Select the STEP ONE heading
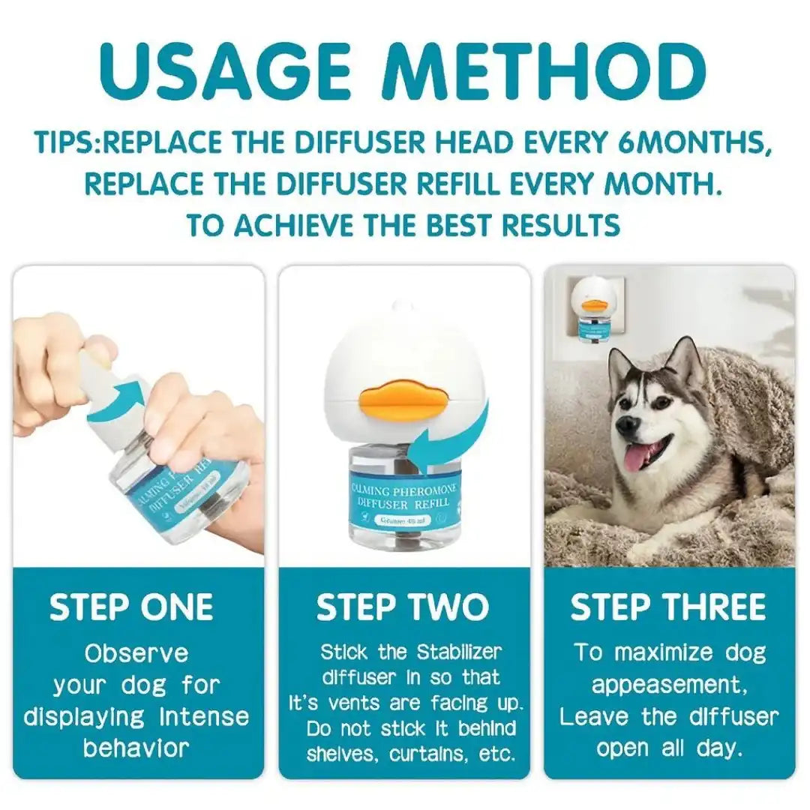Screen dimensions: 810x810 click(x=131, y=607)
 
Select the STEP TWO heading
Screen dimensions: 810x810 click(x=403, y=607)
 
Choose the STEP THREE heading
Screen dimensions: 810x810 click(x=668, y=607)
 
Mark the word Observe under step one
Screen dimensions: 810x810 click(x=136, y=652)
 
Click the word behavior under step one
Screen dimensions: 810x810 click(x=136, y=747)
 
